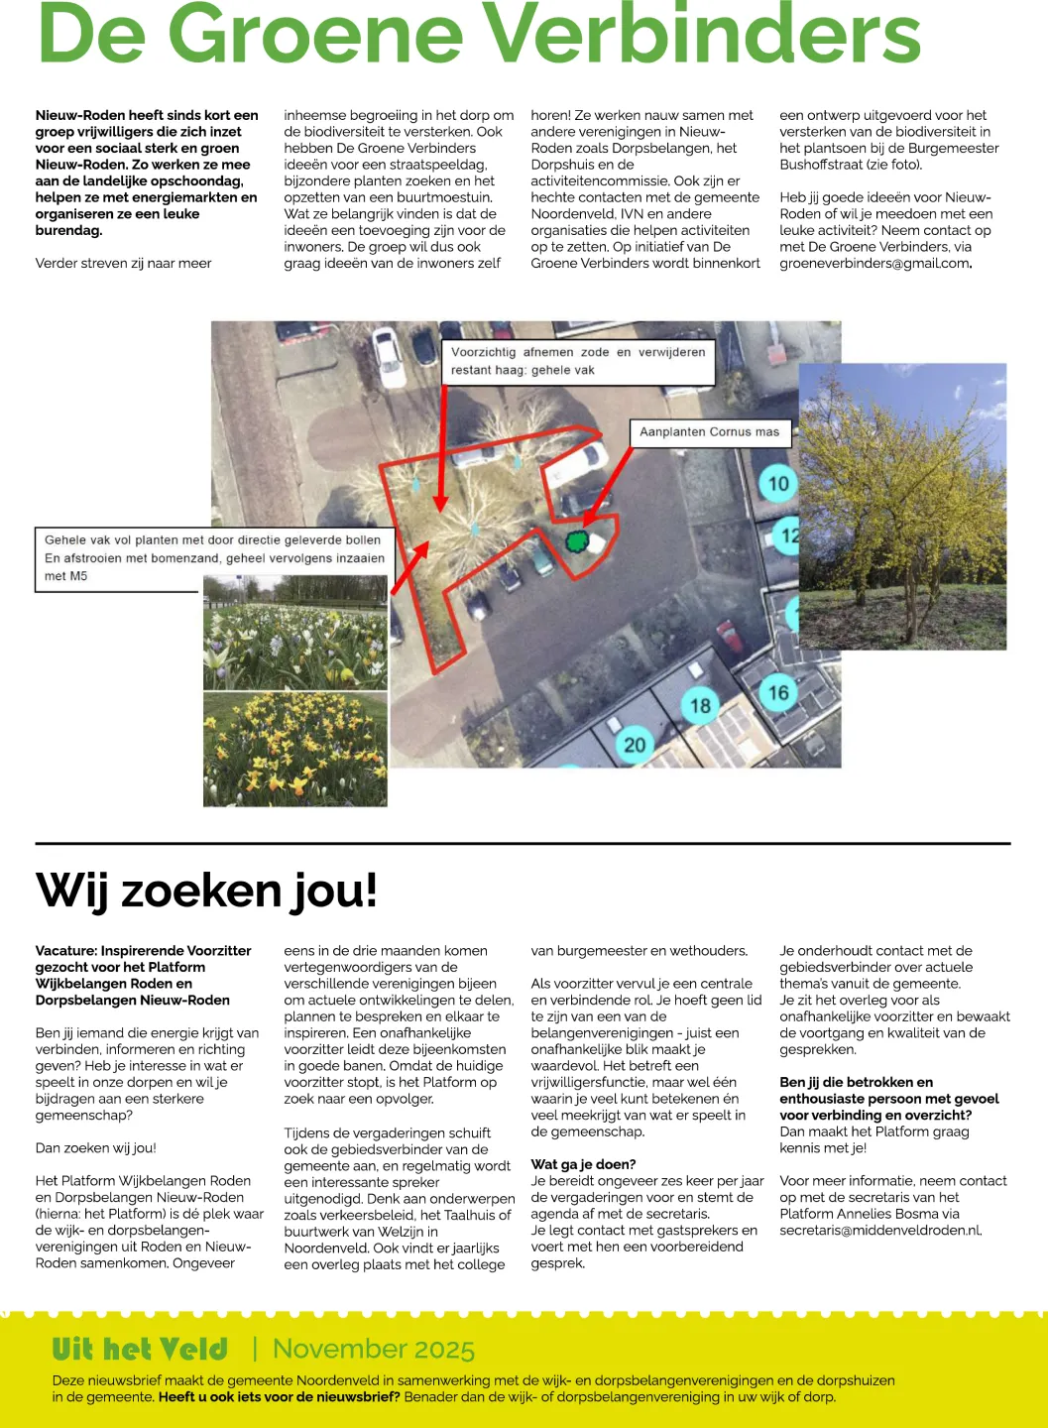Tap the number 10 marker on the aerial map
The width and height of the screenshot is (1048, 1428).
(778, 483)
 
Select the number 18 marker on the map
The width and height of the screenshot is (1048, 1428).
(700, 705)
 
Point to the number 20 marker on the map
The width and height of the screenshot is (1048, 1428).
(635, 744)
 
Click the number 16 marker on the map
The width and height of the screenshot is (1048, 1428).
(778, 692)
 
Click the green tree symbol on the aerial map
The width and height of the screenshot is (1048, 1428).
(577, 540)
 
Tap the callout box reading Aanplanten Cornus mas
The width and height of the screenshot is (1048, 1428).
(710, 432)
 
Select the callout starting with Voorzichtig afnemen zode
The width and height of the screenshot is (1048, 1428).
(578, 361)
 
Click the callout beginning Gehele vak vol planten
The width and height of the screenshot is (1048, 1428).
(213, 558)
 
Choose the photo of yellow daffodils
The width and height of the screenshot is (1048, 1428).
(295, 749)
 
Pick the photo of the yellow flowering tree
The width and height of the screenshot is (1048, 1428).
(902, 506)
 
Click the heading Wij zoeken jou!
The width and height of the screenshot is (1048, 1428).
(206, 890)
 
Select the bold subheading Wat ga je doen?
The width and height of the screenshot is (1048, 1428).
(583, 1164)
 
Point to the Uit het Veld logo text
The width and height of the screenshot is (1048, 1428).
(140, 1349)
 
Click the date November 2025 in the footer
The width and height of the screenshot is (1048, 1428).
(374, 1349)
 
